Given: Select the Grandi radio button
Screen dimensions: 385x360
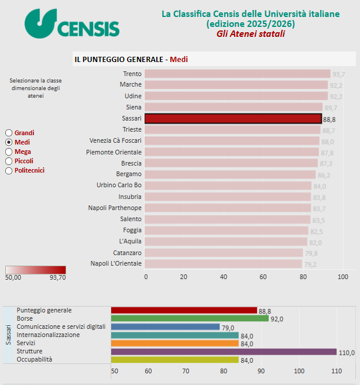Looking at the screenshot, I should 9,133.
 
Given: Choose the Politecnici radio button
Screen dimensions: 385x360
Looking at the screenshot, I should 9,170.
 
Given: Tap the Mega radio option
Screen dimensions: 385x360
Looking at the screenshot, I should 9,152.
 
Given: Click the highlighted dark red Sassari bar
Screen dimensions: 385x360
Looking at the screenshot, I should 232,118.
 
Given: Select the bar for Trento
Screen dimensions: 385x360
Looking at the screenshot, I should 237,74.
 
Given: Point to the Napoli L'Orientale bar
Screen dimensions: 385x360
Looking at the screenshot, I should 223,263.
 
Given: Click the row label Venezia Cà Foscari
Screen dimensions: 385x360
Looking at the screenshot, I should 115,140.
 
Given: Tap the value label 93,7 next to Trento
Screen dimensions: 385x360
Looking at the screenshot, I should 338,74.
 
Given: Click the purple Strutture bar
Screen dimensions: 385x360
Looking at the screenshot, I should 224,352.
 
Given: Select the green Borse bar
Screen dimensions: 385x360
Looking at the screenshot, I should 189,318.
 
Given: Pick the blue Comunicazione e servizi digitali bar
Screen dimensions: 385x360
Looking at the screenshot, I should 165,327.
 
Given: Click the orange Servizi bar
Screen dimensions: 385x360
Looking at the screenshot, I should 174,343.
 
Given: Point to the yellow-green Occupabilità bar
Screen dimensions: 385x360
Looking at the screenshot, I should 174,360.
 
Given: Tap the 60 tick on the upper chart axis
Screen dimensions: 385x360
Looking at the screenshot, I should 263,277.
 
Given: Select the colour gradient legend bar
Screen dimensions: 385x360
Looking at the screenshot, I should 36,270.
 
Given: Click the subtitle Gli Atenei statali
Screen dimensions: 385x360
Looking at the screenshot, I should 251,34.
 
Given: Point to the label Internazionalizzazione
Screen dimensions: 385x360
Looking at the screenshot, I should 48,335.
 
